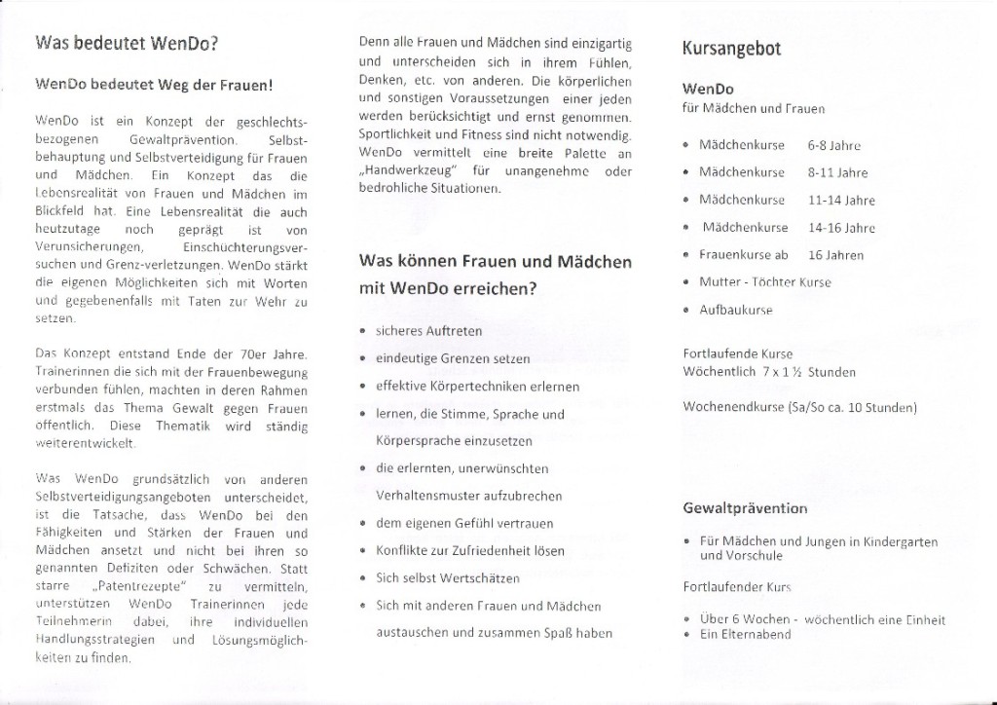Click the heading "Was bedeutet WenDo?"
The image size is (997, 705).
(126, 44)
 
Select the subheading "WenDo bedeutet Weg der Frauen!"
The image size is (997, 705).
(153, 85)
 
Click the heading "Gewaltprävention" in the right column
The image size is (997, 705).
(746, 508)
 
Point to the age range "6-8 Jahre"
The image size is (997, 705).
(833, 145)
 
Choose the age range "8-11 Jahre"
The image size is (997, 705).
(837, 172)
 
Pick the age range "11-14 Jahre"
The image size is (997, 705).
(841, 201)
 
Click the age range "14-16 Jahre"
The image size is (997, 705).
(841, 228)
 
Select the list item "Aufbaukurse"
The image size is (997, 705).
(735, 310)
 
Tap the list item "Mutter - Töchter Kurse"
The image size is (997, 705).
(765, 282)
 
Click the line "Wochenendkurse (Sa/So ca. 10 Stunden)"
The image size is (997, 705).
(799, 407)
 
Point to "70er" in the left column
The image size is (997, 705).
(253, 353)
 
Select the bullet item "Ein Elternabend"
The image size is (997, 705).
(745, 635)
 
